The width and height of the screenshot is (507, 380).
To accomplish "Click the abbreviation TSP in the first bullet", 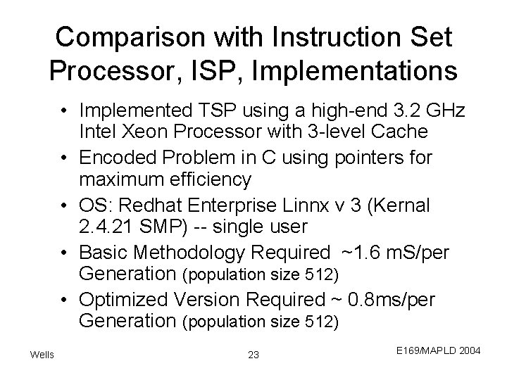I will coord(209,110).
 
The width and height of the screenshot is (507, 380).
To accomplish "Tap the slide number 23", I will coord(254,355).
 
